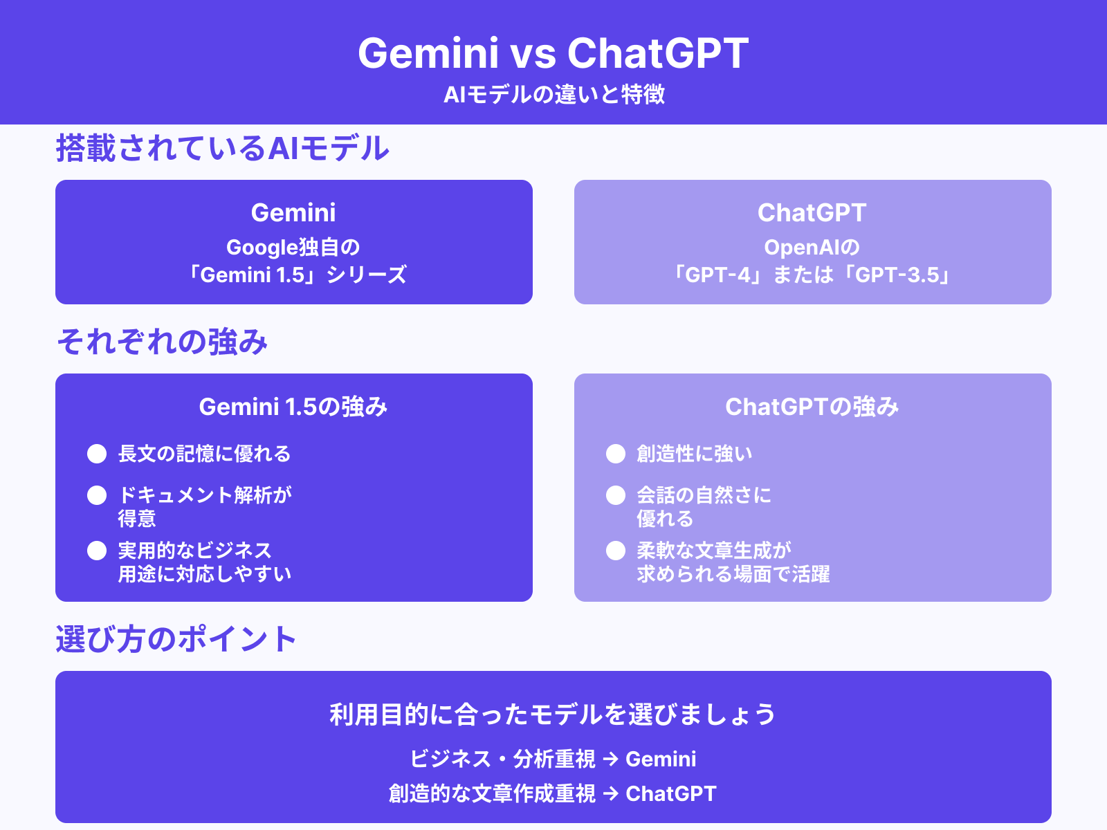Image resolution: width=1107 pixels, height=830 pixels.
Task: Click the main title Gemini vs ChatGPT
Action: tap(553, 53)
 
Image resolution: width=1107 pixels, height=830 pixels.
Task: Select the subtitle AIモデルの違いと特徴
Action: tap(553, 94)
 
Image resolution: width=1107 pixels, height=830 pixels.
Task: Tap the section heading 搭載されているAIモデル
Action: tap(222, 148)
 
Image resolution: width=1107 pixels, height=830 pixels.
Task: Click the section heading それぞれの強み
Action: tap(162, 342)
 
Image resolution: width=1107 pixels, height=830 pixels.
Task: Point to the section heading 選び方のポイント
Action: tap(176, 639)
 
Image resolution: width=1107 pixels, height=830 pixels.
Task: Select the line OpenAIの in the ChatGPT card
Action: tap(812, 247)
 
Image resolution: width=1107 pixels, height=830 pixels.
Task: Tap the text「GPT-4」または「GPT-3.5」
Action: tap(812, 275)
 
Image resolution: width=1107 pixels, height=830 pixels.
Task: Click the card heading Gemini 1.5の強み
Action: tap(293, 407)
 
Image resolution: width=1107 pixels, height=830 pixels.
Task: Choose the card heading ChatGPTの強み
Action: tap(812, 407)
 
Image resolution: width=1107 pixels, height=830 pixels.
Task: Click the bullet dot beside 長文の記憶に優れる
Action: tap(97, 454)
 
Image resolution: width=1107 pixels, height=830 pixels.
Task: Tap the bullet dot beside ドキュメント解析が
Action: tap(97, 495)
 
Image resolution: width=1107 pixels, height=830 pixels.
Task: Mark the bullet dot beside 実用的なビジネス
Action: tap(97, 551)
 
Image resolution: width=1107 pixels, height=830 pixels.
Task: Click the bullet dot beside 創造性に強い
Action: tap(616, 454)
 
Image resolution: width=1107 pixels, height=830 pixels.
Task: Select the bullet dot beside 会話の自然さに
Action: tap(616, 495)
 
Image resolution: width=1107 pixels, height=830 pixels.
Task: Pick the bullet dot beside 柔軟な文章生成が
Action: tap(616, 551)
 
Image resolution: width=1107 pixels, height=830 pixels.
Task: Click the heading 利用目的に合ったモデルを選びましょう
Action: tap(553, 714)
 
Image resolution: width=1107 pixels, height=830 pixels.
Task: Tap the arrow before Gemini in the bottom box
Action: tap(610, 759)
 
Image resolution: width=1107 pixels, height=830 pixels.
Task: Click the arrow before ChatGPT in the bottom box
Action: tap(610, 794)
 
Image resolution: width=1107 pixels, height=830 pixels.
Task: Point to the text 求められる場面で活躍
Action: tap(733, 574)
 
